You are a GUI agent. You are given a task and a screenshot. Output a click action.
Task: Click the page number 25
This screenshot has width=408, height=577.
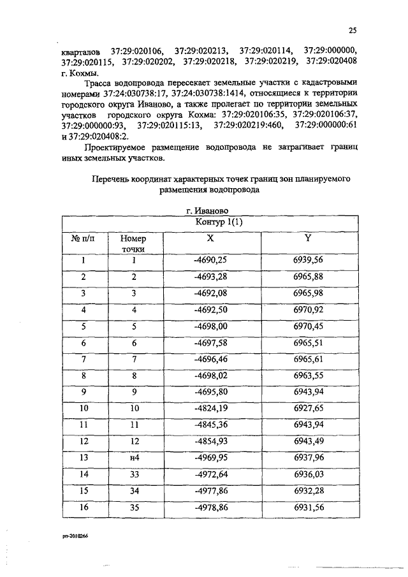click(352, 29)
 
